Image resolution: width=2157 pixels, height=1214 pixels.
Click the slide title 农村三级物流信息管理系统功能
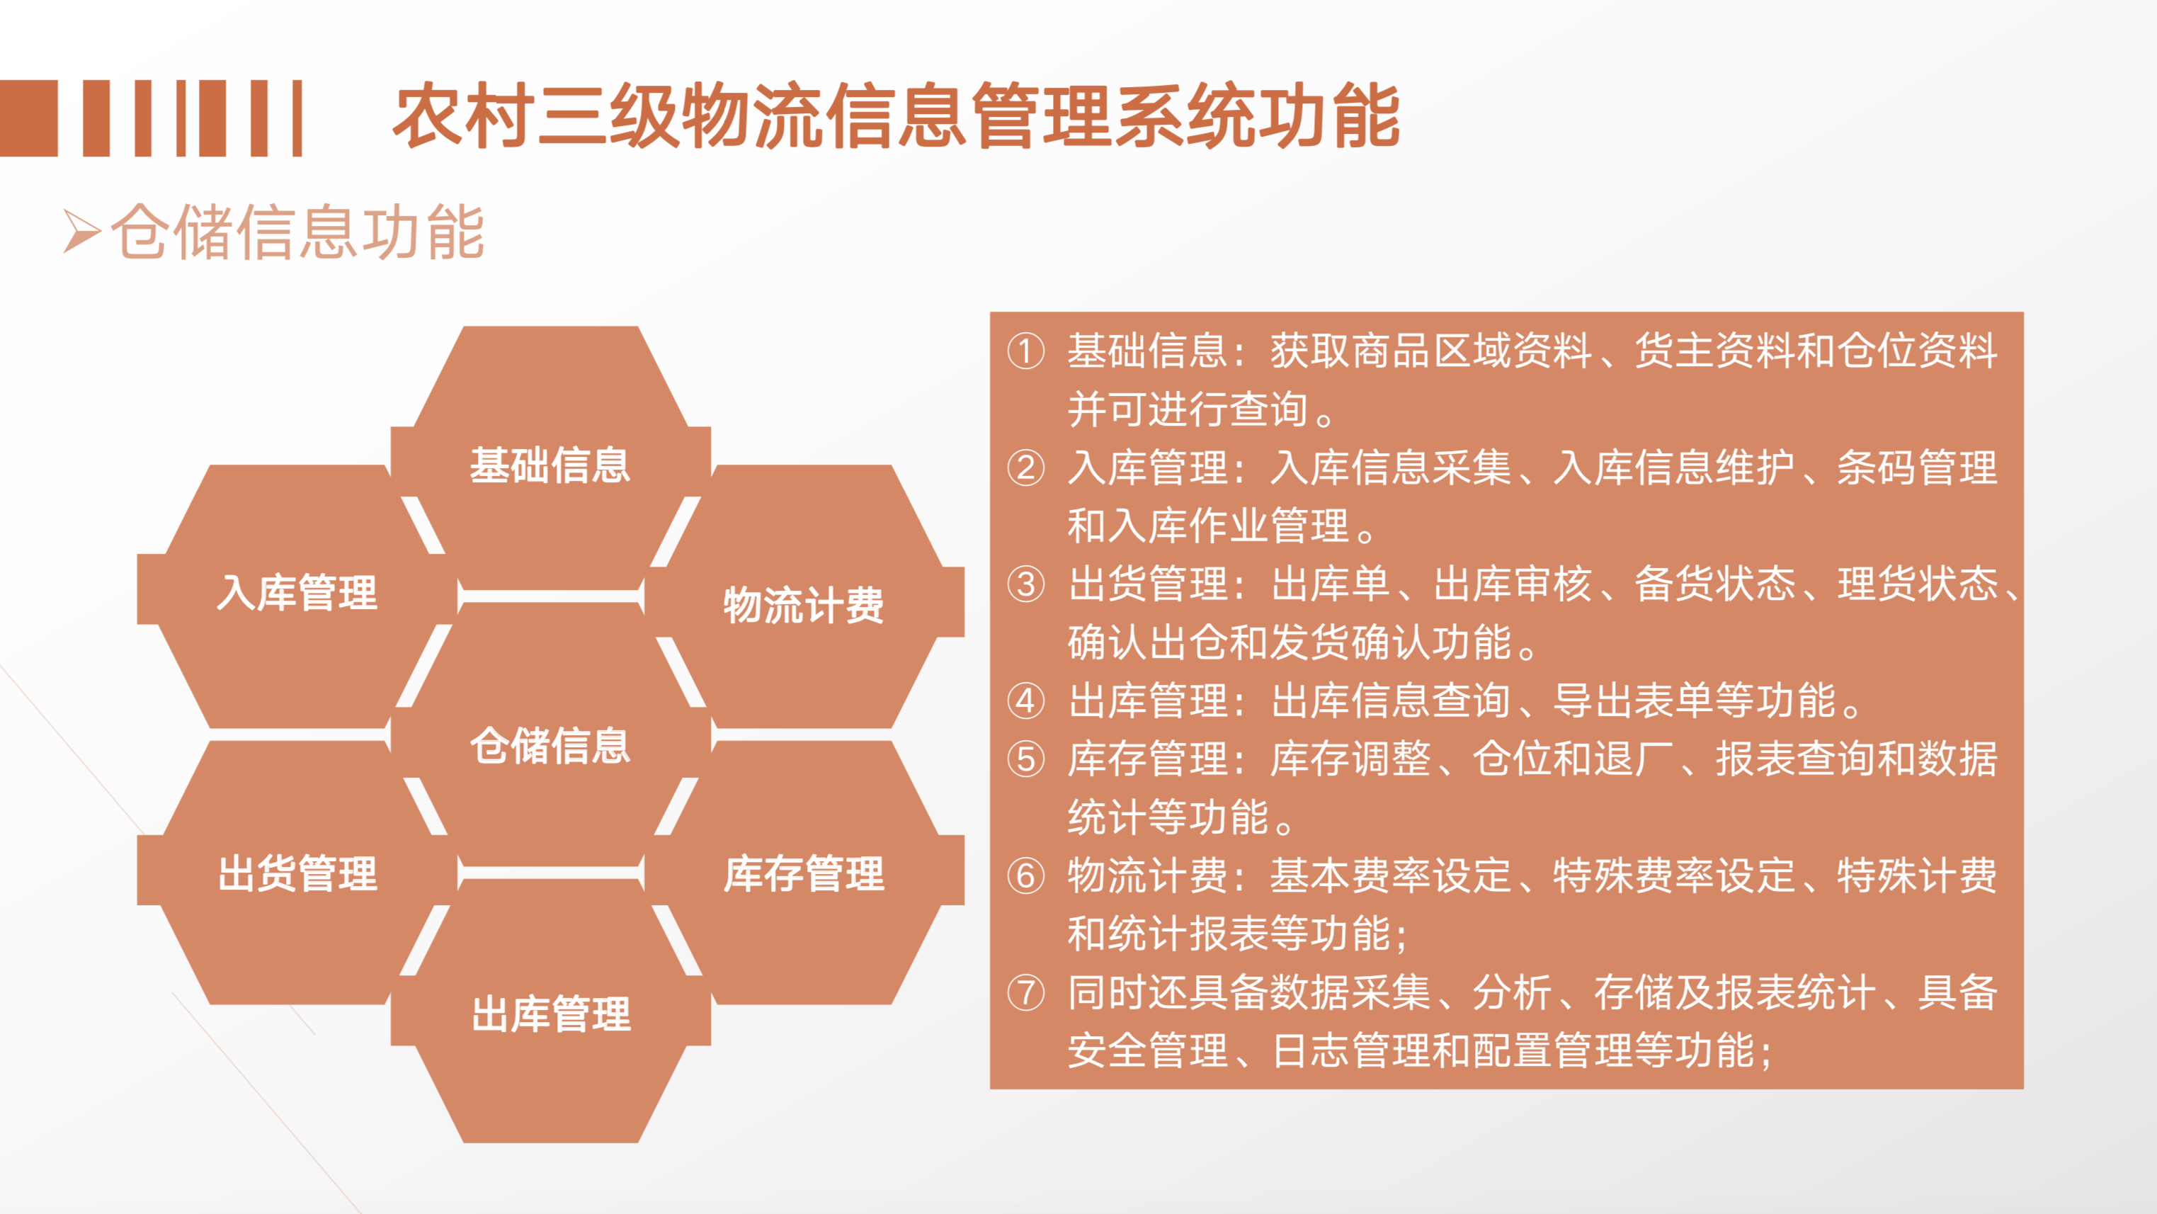[x=896, y=115]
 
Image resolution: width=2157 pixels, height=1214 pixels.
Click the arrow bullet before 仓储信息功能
[x=82, y=232]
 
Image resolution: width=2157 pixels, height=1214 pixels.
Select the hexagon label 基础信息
[x=550, y=465]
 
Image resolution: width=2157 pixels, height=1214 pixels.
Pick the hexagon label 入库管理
[x=297, y=593]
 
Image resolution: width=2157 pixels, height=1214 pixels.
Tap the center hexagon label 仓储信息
[x=550, y=745]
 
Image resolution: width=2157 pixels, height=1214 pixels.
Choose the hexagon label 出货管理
[x=297, y=873]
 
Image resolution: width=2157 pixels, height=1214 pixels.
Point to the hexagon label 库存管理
[x=804, y=873]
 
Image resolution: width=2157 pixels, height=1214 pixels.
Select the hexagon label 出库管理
[x=550, y=1014]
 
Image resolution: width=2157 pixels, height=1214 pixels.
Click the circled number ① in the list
[x=1026, y=351]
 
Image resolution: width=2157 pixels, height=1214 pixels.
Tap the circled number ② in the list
[x=1026, y=468]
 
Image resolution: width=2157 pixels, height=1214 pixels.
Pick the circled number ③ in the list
[x=1026, y=584]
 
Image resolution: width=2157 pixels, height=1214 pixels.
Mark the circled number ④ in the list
[x=1026, y=700]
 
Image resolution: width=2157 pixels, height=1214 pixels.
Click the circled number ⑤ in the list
[x=1026, y=759]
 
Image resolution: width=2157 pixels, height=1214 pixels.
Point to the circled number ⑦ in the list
[x=1026, y=993]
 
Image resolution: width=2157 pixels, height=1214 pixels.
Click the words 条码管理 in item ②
[x=1917, y=467]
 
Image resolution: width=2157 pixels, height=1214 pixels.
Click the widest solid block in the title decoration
[x=28, y=118]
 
